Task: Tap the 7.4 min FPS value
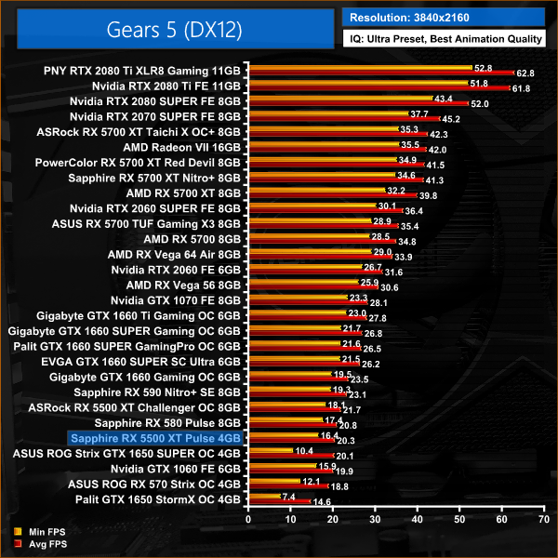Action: point(288,496)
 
